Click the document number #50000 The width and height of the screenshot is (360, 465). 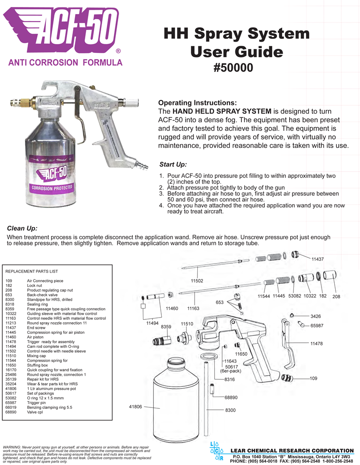233,67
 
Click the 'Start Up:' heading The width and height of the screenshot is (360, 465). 173,164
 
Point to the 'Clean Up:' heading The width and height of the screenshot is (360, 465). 22,229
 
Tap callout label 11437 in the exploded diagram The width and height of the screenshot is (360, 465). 318,259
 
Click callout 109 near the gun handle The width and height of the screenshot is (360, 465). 314,378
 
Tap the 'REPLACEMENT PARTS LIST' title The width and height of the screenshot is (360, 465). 31,271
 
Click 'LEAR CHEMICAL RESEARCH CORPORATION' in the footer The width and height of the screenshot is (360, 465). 293,450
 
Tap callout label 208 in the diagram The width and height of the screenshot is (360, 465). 336,296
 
